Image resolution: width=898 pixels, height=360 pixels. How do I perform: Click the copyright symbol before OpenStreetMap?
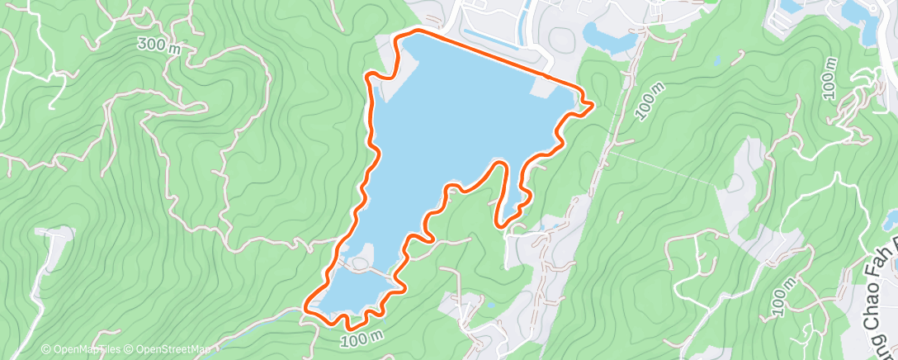tap(130, 350)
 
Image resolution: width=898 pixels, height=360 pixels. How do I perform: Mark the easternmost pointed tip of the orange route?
tap(593, 103)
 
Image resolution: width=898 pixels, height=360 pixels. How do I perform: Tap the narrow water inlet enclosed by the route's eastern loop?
tap(512, 190)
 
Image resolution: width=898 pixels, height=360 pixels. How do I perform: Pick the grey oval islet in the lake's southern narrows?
tap(359, 265)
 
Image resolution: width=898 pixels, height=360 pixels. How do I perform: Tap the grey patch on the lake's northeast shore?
tap(551, 86)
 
